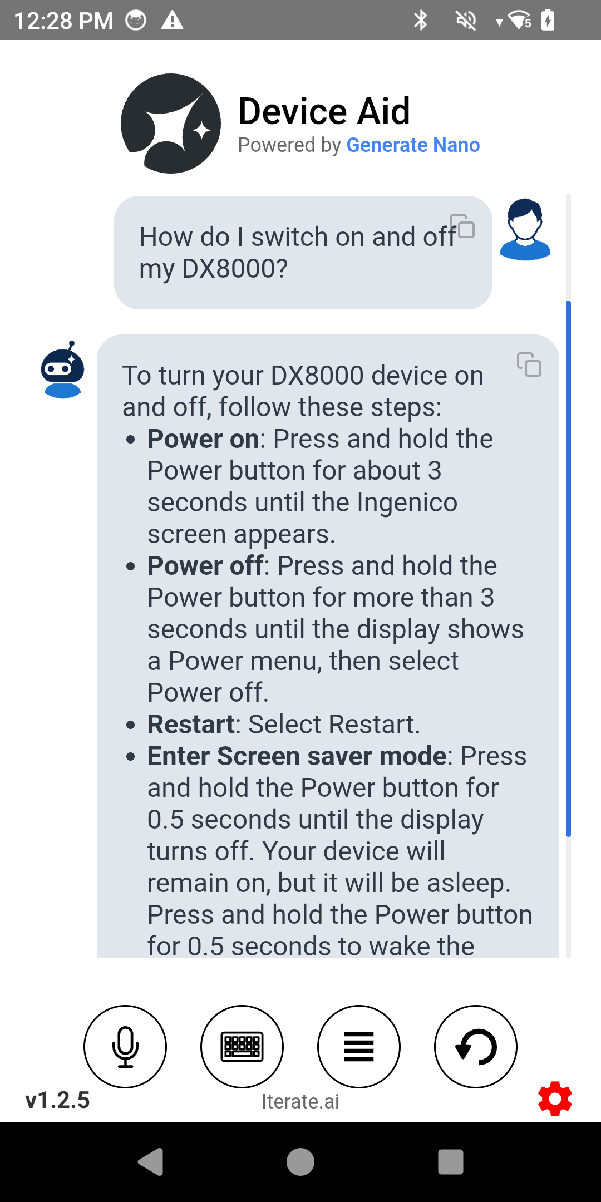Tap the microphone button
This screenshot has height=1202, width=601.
click(125, 1046)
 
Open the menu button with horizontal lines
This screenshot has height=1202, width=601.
click(359, 1046)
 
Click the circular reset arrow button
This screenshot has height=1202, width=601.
click(476, 1046)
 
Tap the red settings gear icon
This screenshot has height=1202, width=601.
click(555, 1098)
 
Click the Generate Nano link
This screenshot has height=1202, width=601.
click(413, 145)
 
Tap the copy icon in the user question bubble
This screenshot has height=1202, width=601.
click(462, 226)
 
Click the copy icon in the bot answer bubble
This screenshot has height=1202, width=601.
click(529, 364)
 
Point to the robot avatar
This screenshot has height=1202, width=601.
click(63, 370)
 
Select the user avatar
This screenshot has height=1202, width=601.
click(525, 229)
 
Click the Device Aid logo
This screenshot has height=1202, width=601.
click(171, 124)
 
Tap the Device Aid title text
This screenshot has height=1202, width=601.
click(324, 111)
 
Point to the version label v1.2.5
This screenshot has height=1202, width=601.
click(57, 1100)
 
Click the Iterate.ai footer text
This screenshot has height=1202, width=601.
click(300, 1101)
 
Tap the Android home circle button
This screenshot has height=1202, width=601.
click(300, 1162)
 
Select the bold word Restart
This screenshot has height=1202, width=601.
click(191, 724)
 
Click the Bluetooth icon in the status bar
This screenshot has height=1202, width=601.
click(421, 21)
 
